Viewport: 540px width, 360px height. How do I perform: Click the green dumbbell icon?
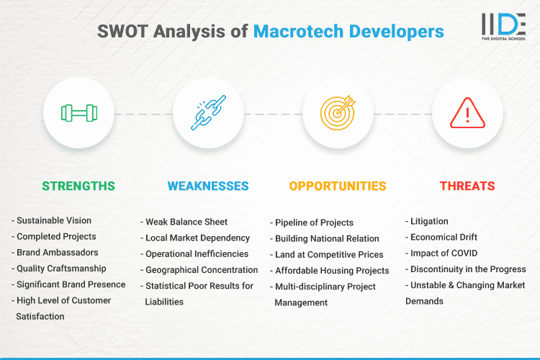(78, 113)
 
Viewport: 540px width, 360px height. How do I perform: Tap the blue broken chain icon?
(208, 113)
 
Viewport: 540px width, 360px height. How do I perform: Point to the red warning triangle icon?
(467, 113)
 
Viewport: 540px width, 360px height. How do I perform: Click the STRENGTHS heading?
(78, 186)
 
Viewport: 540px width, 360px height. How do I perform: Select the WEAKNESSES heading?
(208, 186)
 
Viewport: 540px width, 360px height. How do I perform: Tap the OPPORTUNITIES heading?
(338, 186)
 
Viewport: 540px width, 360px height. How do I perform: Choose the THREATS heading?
(467, 186)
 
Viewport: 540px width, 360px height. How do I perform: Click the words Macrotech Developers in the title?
(348, 31)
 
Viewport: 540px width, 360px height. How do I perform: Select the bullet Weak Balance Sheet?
(186, 221)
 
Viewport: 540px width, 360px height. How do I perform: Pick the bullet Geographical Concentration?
(201, 269)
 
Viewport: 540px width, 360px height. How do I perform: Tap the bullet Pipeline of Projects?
(315, 222)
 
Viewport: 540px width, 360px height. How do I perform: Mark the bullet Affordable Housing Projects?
(331, 271)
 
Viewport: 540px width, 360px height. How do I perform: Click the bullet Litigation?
(429, 221)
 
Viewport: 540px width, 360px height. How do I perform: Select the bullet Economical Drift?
(444, 237)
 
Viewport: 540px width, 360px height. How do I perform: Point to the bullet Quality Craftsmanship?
(61, 269)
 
